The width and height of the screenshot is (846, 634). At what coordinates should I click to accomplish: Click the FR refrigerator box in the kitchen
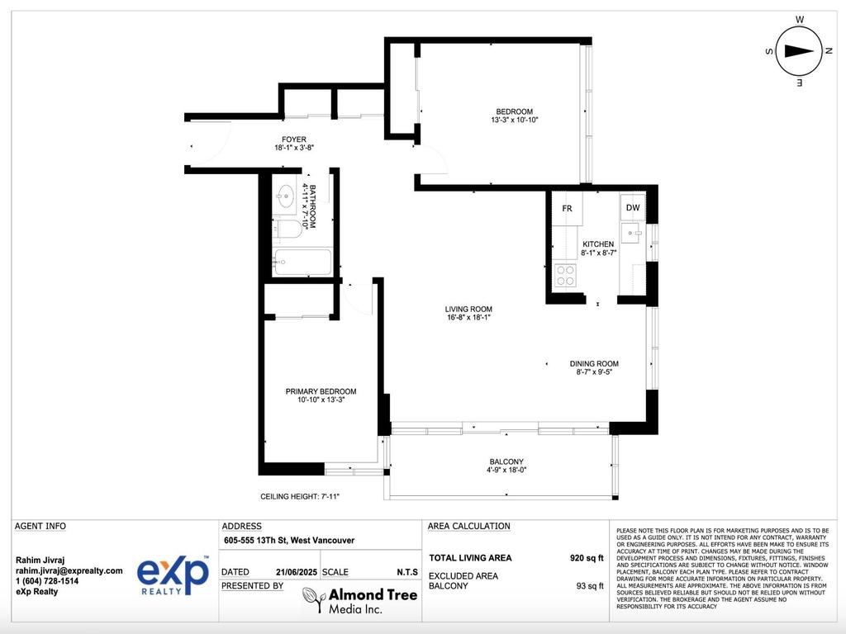pyautogui.click(x=567, y=208)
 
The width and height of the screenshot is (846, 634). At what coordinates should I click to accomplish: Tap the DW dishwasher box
pyautogui.click(x=632, y=208)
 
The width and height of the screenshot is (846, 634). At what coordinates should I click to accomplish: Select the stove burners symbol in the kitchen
pyautogui.click(x=565, y=275)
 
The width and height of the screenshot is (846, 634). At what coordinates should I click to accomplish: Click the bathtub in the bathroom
pyautogui.click(x=302, y=263)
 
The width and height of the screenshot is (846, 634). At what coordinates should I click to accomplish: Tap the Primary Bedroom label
pyautogui.click(x=321, y=391)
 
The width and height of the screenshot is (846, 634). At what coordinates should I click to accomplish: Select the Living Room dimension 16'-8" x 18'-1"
pyautogui.click(x=468, y=317)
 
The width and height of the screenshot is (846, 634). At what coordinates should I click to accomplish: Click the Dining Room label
pyautogui.click(x=593, y=363)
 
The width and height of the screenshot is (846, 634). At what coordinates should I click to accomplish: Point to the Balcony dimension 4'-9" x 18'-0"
pyautogui.click(x=506, y=471)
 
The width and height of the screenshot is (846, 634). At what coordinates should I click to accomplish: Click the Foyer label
pyautogui.click(x=294, y=140)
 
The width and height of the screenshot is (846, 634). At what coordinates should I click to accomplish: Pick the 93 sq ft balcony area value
pyautogui.click(x=589, y=586)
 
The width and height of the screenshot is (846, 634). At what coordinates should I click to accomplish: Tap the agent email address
pyautogui.click(x=69, y=570)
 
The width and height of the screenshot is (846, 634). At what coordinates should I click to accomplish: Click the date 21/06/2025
pyautogui.click(x=296, y=571)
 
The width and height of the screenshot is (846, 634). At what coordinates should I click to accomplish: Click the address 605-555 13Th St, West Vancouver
pyautogui.click(x=289, y=541)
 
